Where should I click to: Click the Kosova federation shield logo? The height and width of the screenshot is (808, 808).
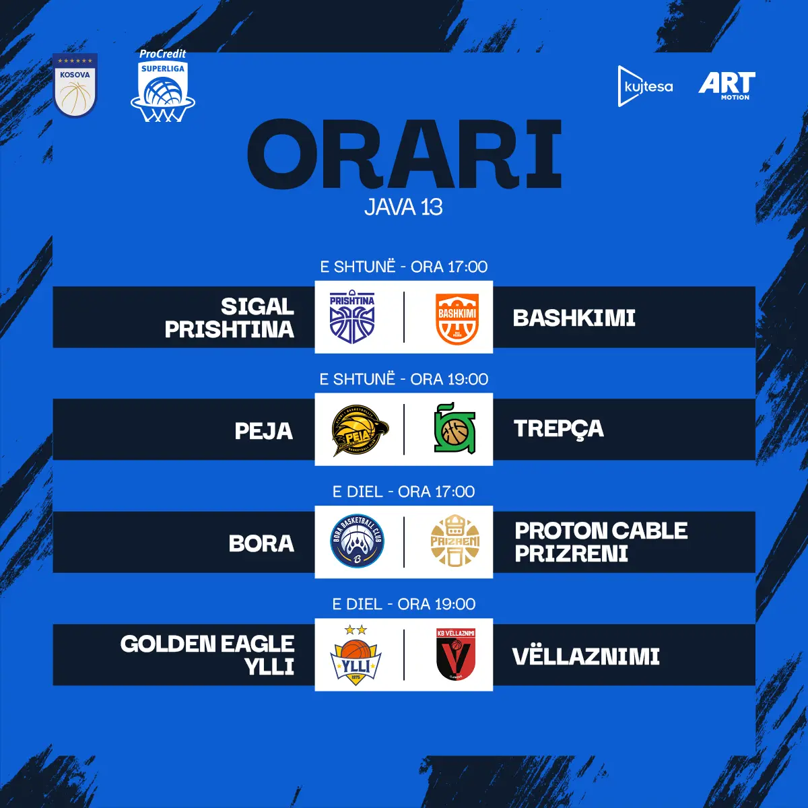click(75, 85)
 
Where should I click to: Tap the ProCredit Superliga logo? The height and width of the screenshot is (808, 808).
click(163, 86)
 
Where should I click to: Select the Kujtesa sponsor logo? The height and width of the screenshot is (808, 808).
click(645, 86)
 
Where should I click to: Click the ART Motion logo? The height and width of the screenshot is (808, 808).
click(727, 86)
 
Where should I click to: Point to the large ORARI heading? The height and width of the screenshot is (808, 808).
click(404, 154)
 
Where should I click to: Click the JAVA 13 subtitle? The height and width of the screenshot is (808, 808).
click(403, 207)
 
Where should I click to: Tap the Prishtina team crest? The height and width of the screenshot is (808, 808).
click(352, 317)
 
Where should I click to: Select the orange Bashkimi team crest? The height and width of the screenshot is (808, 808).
click(457, 318)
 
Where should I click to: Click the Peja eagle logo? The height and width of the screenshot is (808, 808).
click(360, 430)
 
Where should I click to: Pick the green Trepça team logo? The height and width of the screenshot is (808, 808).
click(454, 429)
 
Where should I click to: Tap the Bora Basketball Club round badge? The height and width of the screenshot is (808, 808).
click(358, 541)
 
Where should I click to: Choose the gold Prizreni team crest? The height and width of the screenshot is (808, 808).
click(455, 541)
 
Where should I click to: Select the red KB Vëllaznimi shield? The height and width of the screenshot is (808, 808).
click(456, 654)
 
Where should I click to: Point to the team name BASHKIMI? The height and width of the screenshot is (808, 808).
click(574, 318)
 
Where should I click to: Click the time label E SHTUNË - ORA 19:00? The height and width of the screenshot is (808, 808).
click(404, 380)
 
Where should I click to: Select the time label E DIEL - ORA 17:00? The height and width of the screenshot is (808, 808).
click(403, 492)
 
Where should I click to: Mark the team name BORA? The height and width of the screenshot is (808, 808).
click(261, 543)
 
